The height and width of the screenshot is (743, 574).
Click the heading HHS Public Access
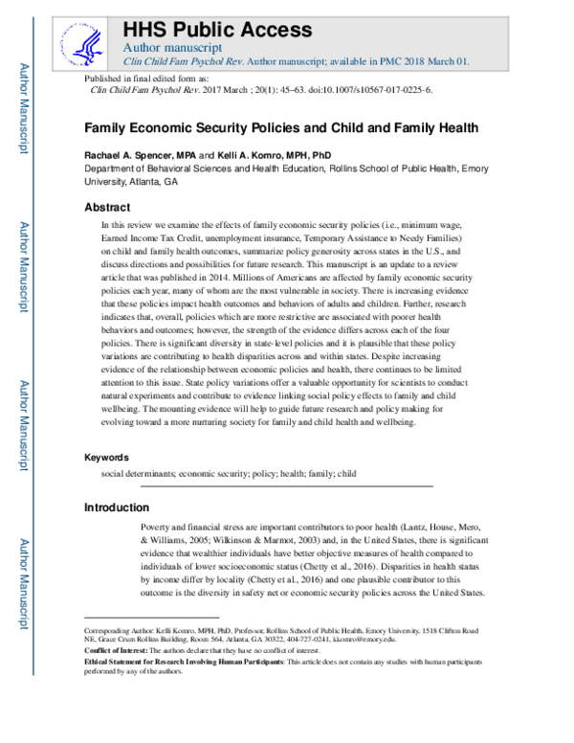217,29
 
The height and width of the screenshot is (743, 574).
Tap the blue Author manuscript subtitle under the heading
173,47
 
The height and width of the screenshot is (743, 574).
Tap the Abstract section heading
107,208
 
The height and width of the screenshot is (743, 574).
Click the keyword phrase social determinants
139,473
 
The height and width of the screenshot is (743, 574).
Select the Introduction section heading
117,507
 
